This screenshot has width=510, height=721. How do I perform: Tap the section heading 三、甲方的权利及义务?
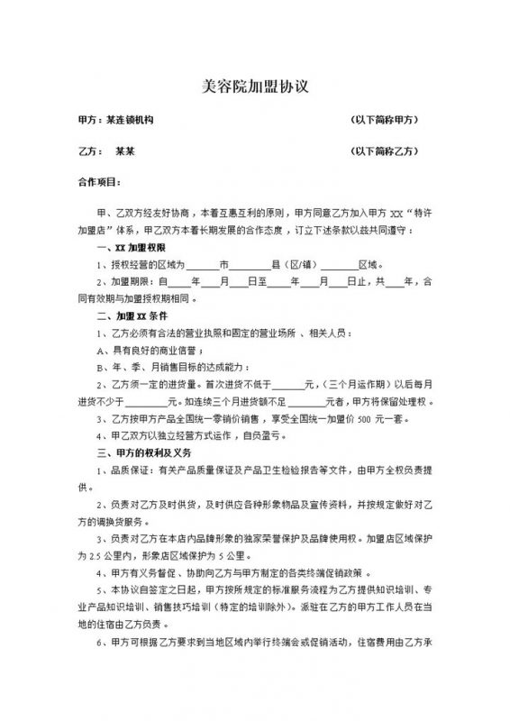tap(144, 453)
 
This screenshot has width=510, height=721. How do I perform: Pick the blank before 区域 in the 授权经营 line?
tap(340, 265)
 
